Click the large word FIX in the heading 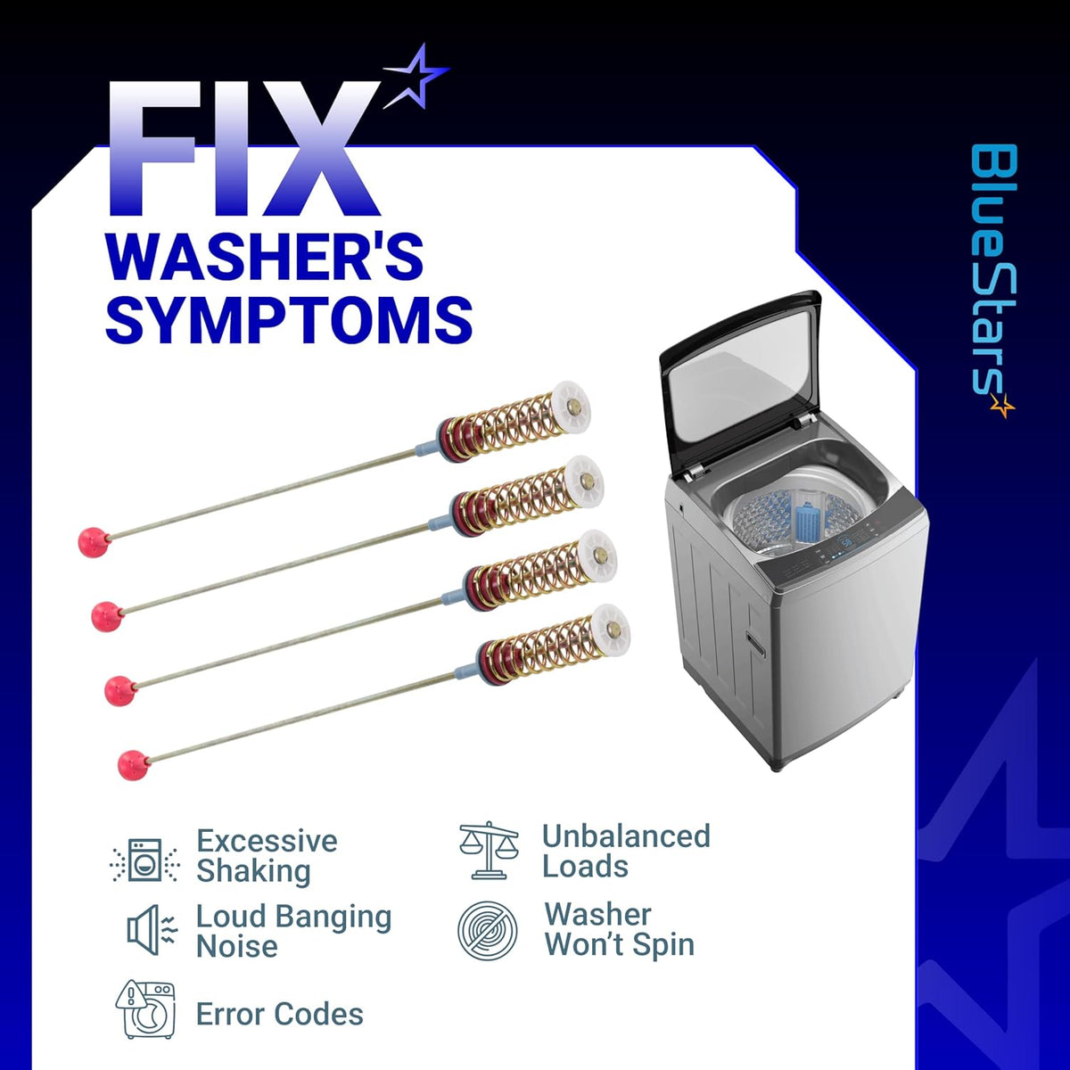click(244, 148)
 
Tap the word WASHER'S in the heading click(265, 257)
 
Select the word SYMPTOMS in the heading click(289, 319)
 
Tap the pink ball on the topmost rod click(93, 542)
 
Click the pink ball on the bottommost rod click(134, 766)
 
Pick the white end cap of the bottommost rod click(610, 630)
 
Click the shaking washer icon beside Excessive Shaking click(145, 860)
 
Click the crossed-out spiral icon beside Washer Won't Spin click(488, 931)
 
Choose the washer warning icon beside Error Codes click(145, 1010)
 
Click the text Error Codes click(280, 1014)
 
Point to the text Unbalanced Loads click(626, 851)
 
